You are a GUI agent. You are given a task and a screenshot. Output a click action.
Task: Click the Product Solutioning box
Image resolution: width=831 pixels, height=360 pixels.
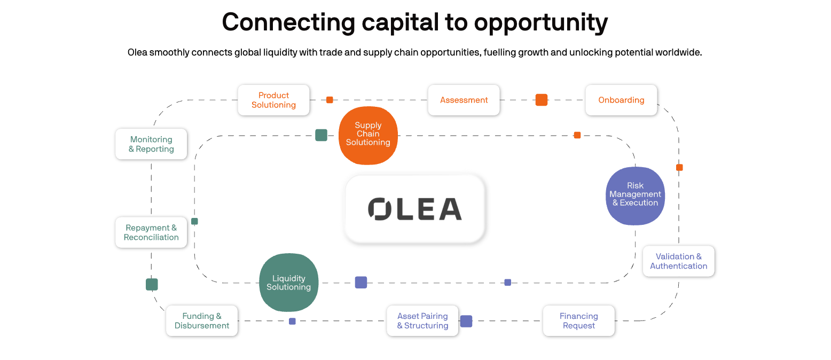pos(273,100)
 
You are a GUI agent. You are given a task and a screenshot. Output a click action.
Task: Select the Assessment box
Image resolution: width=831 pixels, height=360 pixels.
pos(464,100)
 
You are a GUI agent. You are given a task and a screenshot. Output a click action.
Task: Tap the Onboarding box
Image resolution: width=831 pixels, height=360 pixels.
pos(622,100)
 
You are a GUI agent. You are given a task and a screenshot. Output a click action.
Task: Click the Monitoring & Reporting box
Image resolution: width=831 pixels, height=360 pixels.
pos(151,144)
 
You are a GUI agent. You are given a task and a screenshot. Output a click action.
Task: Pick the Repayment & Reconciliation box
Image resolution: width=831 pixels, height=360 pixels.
pos(151,232)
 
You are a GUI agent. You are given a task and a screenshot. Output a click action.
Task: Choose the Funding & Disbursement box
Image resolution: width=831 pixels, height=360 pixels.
pos(202,320)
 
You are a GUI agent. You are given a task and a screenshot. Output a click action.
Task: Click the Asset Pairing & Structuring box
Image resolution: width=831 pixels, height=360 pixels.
pos(422,320)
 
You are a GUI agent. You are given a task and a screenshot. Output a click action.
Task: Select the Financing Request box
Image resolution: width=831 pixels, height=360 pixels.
pos(579,320)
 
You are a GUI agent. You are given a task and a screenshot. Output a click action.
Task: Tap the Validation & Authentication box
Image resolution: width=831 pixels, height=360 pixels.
pos(679,261)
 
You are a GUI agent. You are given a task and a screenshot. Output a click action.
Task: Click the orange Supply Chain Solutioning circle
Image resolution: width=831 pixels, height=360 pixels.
pos(368,136)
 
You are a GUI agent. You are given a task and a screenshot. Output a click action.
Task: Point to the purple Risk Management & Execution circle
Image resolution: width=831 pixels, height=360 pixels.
pos(635,196)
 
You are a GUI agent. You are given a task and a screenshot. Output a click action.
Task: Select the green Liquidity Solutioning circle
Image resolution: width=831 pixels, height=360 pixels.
pos(288,283)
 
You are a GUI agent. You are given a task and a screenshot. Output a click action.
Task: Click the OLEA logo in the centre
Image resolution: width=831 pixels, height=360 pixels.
pos(415,209)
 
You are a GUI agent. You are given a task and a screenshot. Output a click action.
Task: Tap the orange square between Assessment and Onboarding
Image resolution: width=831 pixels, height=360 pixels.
pos(541,100)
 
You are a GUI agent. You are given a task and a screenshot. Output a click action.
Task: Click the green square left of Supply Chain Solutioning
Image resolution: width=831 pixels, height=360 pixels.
pos(322,135)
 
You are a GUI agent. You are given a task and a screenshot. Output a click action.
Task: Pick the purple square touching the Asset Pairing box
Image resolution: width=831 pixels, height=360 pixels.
pos(466,321)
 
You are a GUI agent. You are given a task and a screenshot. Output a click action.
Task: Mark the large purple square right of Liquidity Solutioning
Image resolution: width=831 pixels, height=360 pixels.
pos(361,283)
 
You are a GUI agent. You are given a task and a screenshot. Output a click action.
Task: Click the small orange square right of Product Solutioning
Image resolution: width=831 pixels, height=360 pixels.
pos(330,100)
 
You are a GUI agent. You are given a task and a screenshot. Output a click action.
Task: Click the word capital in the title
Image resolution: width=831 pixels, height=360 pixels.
pos(401,22)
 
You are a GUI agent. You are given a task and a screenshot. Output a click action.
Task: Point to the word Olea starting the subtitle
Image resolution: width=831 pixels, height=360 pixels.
pos(138,52)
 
